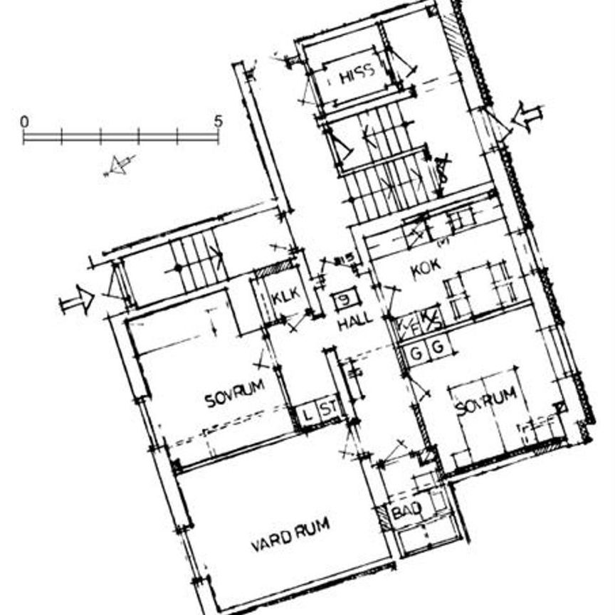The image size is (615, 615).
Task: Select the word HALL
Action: pyautogui.click(x=355, y=321)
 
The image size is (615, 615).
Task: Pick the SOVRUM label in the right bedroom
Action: pyautogui.click(x=485, y=402)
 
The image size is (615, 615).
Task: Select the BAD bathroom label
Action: pyautogui.click(x=406, y=510)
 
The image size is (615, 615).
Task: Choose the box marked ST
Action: pyautogui.click(x=327, y=409)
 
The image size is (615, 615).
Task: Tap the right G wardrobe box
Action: pyautogui.click(x=438, y=347)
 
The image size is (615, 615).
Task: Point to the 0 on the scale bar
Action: pyautogui.click(x=25, y=121)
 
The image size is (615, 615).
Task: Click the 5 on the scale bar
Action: pyautogui.click(x=218, y=121)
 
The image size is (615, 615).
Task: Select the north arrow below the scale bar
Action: pyautogui.click(x=117, y=166)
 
